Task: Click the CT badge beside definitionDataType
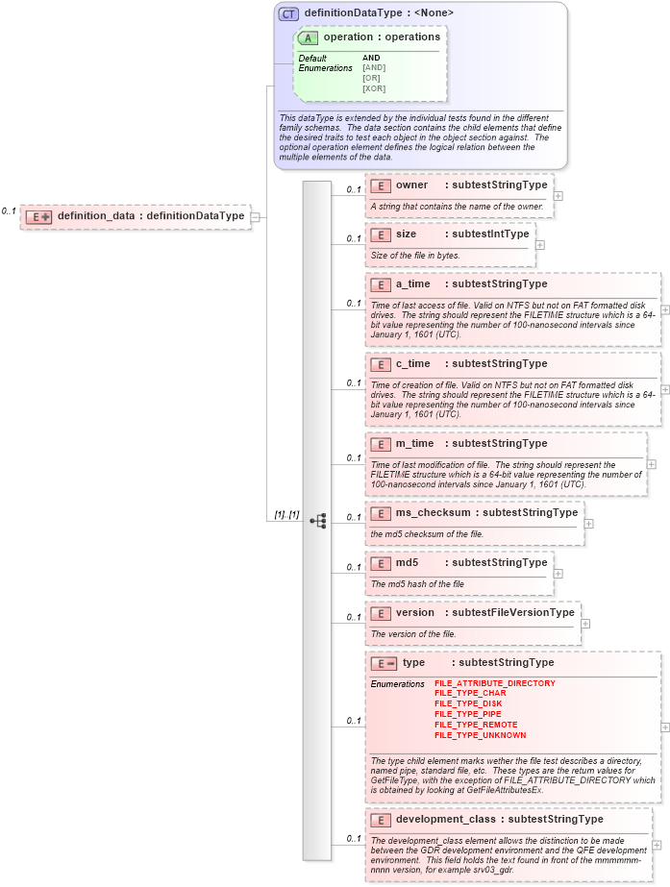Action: [288, 13]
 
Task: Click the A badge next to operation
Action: [308, 37]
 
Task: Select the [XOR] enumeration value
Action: [374, 88]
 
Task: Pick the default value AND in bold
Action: [371, 58]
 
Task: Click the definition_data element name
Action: [95, 216]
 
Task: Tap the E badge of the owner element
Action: [381, 185]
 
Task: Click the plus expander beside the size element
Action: [539, 244]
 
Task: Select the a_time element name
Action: [413, 283]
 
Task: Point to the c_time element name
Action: [413, 363]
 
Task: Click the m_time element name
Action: [415, 443]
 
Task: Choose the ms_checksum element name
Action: [432, 512]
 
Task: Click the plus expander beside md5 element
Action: [558, 573]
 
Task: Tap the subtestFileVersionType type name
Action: [513, 612]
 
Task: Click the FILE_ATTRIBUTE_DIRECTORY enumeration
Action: [494, 683]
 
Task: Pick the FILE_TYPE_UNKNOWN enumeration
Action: [480, 735]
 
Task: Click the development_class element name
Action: [446, 819]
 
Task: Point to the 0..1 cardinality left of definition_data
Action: [9, 210]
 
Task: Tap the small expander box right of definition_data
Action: [255, 217]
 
